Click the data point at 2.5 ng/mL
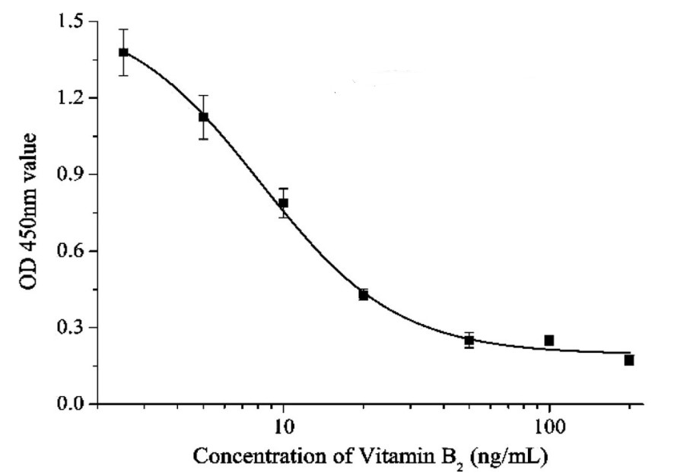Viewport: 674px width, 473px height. click(x=123, y=52)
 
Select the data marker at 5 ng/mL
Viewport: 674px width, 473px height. click(x=203, y=116)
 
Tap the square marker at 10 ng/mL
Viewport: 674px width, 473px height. click(x=283, y=203)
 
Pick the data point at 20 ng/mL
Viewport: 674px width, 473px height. click(x=364, y=294)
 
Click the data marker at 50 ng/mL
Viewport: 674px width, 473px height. click(x=469, y=340)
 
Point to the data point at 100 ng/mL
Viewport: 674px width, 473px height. click(x=548, y=340)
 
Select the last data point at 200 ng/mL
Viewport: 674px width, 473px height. click(x=629, y=360)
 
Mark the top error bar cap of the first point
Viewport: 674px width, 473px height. click(x=123, y=30)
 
